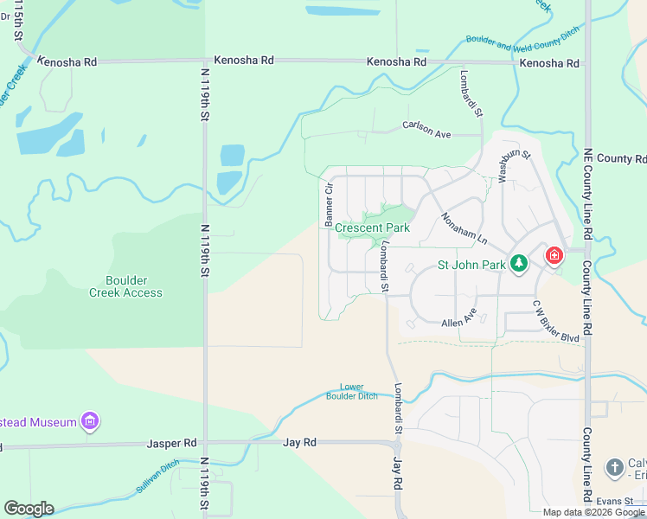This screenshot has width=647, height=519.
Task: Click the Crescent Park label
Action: (372, 228)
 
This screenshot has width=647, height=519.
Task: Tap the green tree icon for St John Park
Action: (518, 263)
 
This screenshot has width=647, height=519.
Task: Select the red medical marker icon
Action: (554, 256)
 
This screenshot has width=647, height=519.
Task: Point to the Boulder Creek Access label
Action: (125, 286)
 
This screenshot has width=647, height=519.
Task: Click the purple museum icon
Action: (89, 422)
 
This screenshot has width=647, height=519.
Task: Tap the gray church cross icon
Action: (614, 468)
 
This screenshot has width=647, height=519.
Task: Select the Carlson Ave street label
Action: (427, 130)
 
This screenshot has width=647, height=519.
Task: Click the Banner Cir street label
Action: (330, 205)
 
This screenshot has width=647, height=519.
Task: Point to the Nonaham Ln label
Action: (464, 228)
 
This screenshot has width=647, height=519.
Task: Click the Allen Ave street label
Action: (458, 317)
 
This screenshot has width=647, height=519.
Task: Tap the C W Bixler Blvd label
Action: (556, 321)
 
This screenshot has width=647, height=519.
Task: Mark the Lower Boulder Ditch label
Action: (352, 392)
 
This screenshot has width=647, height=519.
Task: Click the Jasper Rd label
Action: (171, 444)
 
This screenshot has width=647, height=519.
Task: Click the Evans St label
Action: (615, 500)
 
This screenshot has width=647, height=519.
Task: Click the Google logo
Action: (29, 509)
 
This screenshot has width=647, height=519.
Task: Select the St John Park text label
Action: (471, 265)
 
